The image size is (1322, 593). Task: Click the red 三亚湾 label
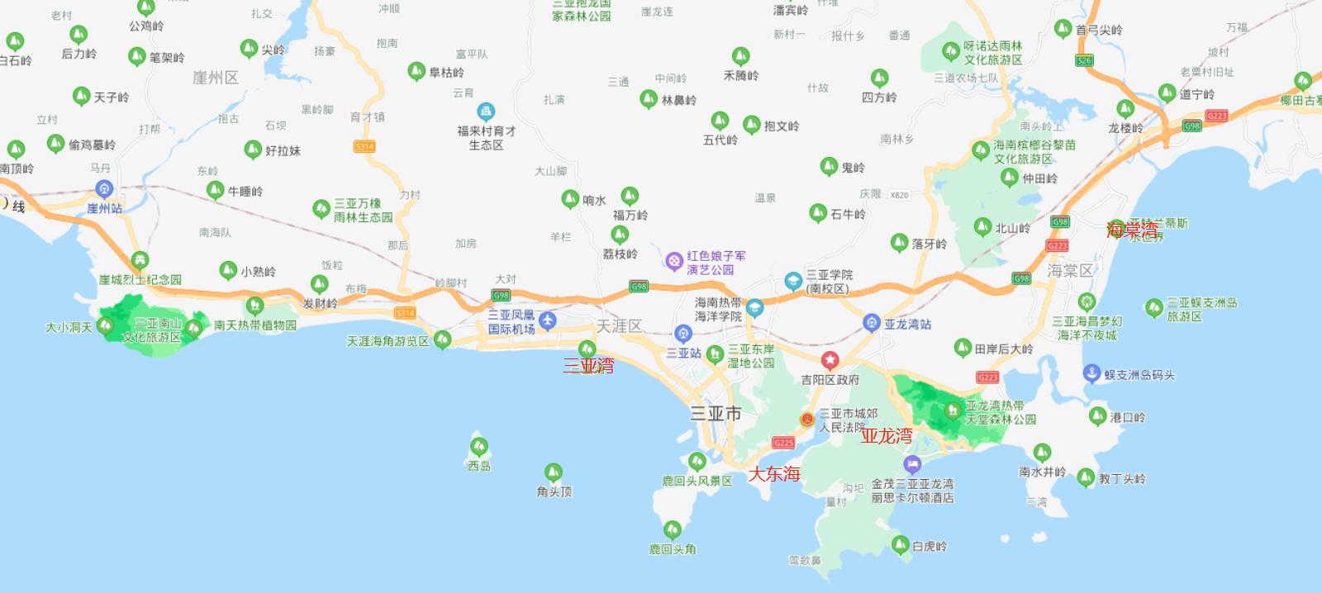(588, 366)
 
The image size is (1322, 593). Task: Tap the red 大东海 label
(774, 474)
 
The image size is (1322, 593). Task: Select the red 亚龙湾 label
(887, 436)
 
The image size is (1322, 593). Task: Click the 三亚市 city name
(716, 414)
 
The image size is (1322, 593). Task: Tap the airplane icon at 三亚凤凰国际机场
(547, 320)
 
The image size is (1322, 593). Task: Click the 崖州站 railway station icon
(104, 189)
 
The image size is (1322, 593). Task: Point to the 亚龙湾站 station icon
(871, 323)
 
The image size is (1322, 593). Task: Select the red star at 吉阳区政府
(830, 360)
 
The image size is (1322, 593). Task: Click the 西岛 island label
(479, 466)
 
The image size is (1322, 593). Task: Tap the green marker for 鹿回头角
(673, 529)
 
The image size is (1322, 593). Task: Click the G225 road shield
(783, 443)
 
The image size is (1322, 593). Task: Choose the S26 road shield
(1084, 60)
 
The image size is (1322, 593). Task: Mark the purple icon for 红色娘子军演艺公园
(674, 262)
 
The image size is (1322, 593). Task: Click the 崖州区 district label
(215, 78)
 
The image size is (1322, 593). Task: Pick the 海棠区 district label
(1070, 271)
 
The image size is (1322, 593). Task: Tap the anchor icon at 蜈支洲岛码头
(1091, 373)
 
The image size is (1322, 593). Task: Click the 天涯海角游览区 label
(388, 341)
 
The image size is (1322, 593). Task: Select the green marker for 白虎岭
(900, 544)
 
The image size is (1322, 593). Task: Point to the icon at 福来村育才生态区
(486, 111)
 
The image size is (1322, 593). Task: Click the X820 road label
(899, 196)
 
